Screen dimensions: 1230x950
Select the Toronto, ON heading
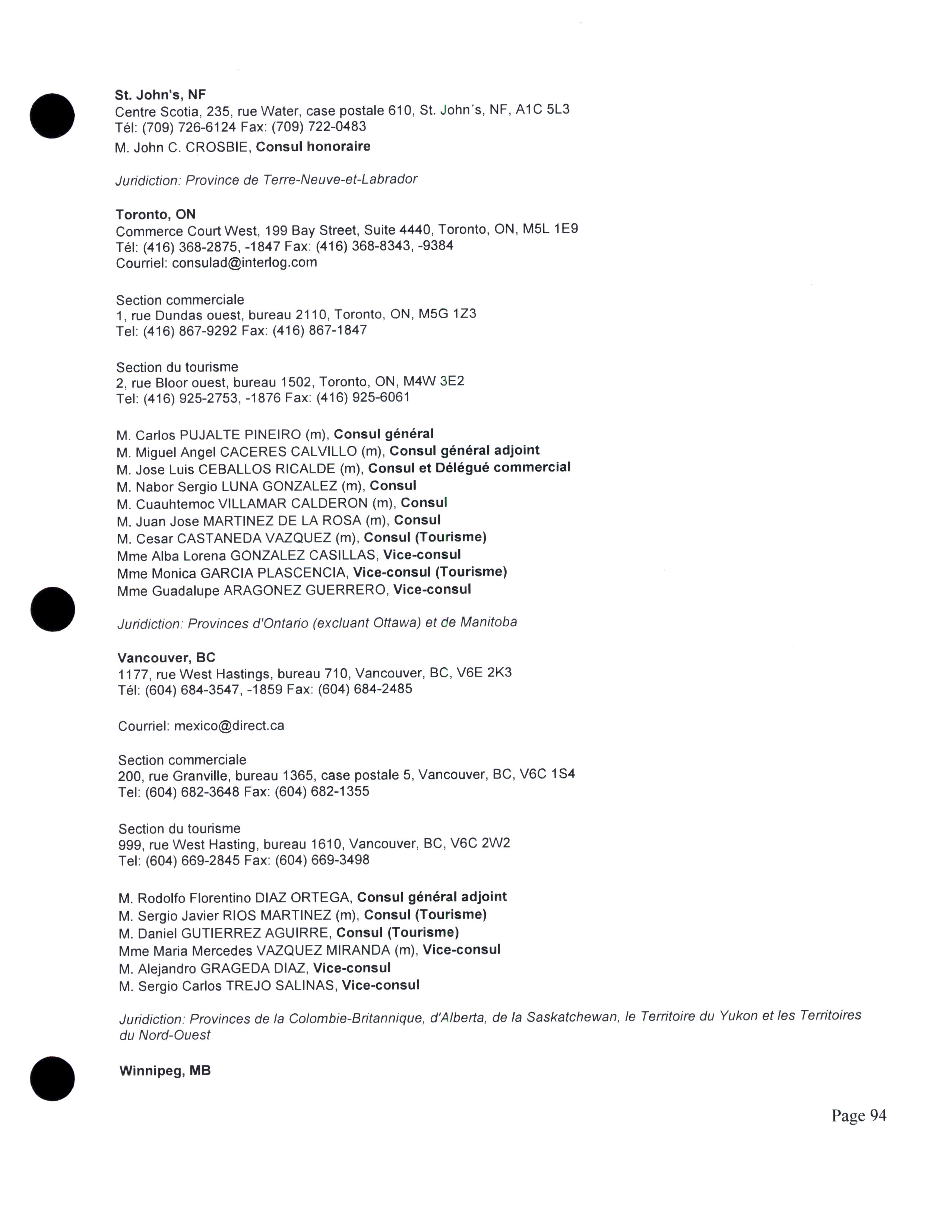tap(156, 215)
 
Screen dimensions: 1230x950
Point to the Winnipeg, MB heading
tap(165, 1070)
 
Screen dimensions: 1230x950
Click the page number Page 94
tap(858, 1115)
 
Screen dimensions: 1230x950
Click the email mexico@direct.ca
tap(229, 726)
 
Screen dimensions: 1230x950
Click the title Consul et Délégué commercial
tap(469, 467)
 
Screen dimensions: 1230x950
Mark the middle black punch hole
tap(52, 609)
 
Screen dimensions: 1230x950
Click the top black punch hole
tap(52, 116)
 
